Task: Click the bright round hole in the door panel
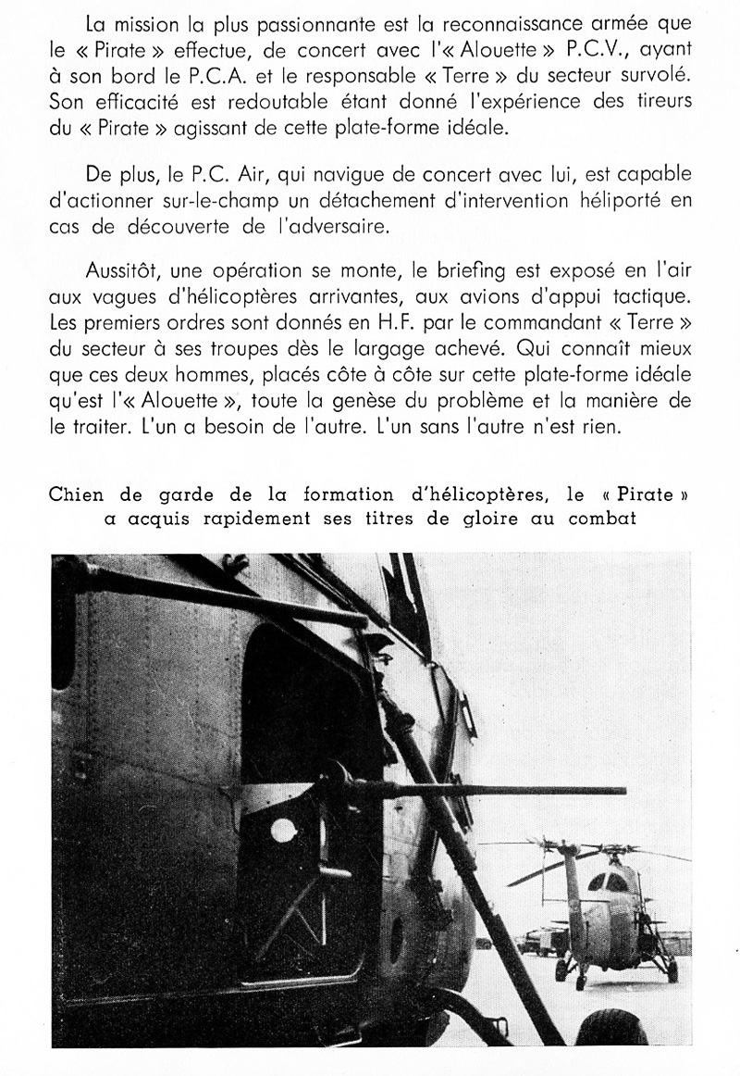point(283,830)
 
